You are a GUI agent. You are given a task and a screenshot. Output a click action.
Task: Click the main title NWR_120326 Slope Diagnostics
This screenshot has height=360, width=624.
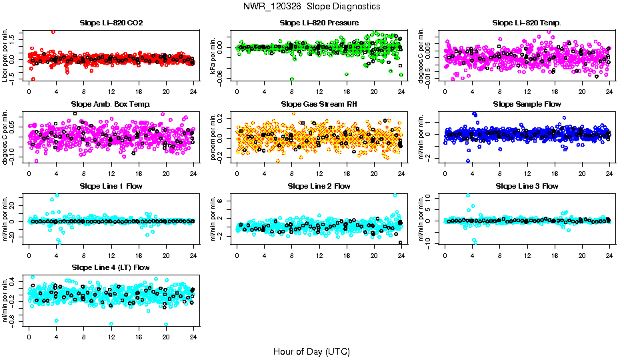[x=312, y=6]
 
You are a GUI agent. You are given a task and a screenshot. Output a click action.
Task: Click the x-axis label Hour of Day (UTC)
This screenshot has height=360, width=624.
[x=311, y=351]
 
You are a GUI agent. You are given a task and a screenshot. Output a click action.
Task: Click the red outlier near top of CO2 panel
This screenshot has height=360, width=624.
[x=53, y=32]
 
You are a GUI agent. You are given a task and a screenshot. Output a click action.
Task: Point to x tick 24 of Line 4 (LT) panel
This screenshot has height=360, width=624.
[x=193, y=337]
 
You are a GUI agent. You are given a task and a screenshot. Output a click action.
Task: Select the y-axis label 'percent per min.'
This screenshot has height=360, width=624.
[x=214, y=136]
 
